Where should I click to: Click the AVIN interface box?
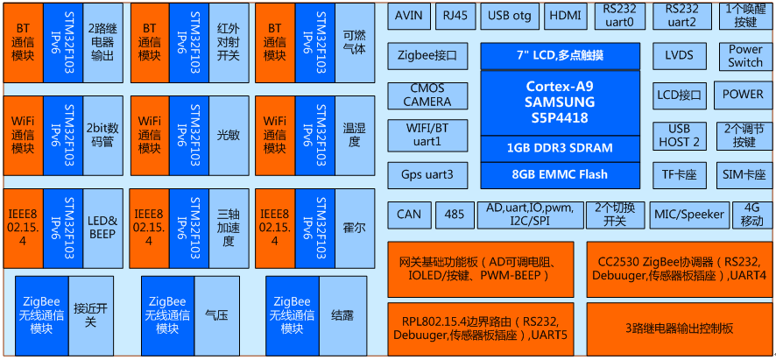(x=409, y=16)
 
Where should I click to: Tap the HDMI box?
(x=568, y=16)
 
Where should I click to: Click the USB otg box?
(x=510, y=16)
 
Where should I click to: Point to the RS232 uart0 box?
(x=619, y=15)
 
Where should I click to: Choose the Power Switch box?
(x=745, y=56)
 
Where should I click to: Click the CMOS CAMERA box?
(x=427, y=95)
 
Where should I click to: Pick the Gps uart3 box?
(x=427, y=174)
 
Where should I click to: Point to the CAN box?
(x=409, y=214)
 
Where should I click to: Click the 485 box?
(x=455, y=214)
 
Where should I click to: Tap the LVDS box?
(x=680, y=56)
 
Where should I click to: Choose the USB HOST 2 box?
(x=680, y=136)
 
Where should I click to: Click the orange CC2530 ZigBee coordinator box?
(x=679, y=269)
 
